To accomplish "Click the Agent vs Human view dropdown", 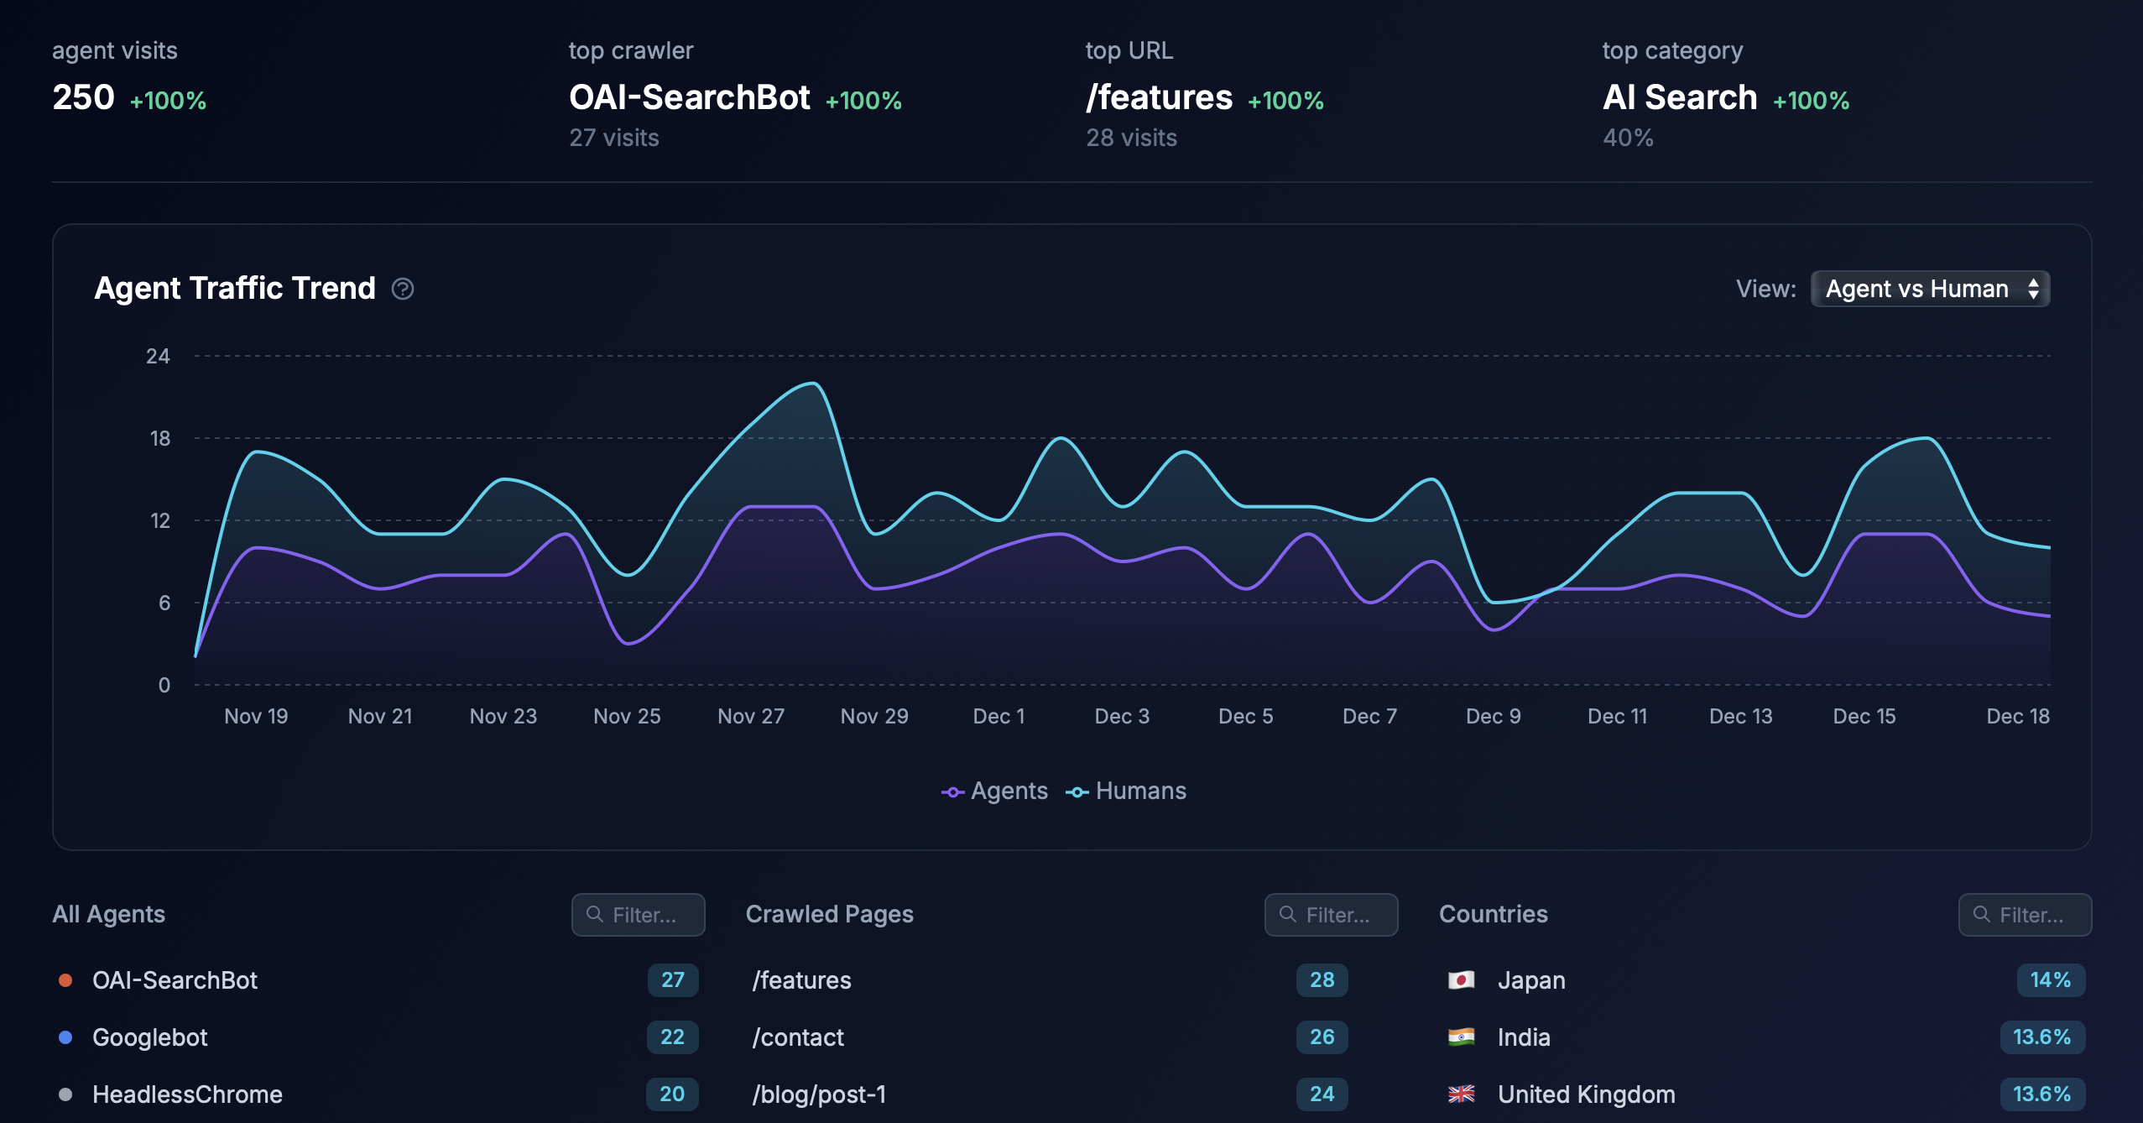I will pos(1929,289).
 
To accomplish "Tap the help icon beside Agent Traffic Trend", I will pos(403,289).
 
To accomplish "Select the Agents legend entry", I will pos(995,791).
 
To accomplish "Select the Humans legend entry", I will pos(1127,791).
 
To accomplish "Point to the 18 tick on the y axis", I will pos(159,438).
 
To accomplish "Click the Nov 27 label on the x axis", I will pos(750,716).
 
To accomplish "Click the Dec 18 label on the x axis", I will pos(2017,716).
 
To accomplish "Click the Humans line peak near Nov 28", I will pos(813,384).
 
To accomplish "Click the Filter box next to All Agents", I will pos(638,914).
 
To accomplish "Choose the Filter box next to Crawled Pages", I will pos(1331,914).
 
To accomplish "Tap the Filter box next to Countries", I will pos(2024,914).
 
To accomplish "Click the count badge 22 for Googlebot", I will pos(672,1037).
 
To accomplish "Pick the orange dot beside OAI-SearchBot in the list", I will pos(65,980).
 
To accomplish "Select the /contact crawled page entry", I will pos(798,1037).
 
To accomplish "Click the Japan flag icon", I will pos(1461,979).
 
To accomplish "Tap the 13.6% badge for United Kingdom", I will pos(2041,1094).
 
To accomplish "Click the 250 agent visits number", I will pos(83,97).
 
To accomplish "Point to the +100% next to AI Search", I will pos(1811,101).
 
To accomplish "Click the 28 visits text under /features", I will pos(1131,138).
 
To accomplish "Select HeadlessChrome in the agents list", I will pos(187,1094).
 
